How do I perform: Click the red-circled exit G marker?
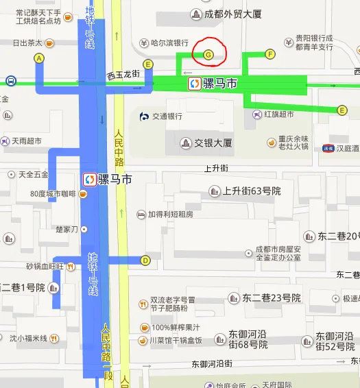click(208, 53)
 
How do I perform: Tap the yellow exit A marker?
click(39, 59)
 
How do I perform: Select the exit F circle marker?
click(269, 53)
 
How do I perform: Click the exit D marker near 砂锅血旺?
click(145, 260)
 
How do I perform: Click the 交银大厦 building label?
click(212, 143)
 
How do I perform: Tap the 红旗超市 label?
click(279, 114)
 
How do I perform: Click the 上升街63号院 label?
click(252, 191)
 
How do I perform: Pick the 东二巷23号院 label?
click(272, 298)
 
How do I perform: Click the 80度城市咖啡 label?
click(53, 194)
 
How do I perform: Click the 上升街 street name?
click(216, 168)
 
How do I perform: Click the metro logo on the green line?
click(195, 83)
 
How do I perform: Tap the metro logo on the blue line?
click(89, 180)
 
